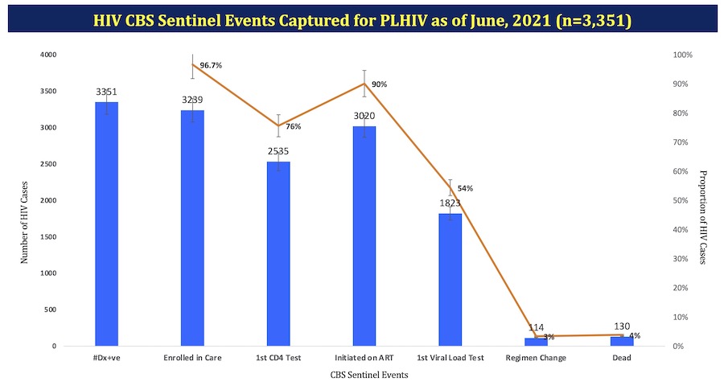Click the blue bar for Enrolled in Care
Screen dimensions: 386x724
pyautogui.click(x=192, y=228)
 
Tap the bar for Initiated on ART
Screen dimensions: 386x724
pyautogui.click(x=364, y=236)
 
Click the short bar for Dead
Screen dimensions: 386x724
pyautogui.click(x=622, y=342)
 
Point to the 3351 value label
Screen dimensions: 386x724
pyautogui.click(x=107, y=91)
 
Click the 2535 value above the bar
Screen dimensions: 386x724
pyautogui.click(x=278, y=150)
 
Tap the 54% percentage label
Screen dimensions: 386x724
pyautogui.click(x=465, y=188)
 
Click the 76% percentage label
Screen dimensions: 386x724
pyautogui.click(x=293, y=126)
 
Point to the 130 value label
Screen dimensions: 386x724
pyautogui.click(x=622, y=326)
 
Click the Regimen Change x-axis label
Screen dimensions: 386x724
pyautogui.click(x=536, y=358)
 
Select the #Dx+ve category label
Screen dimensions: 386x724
pyautogui.click(x=107, y=358)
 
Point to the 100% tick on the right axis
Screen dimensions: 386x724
pyautogui.click(x=682, y=55)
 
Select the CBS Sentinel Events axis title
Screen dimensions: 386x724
pyautogui.click(x=364, y=375)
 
